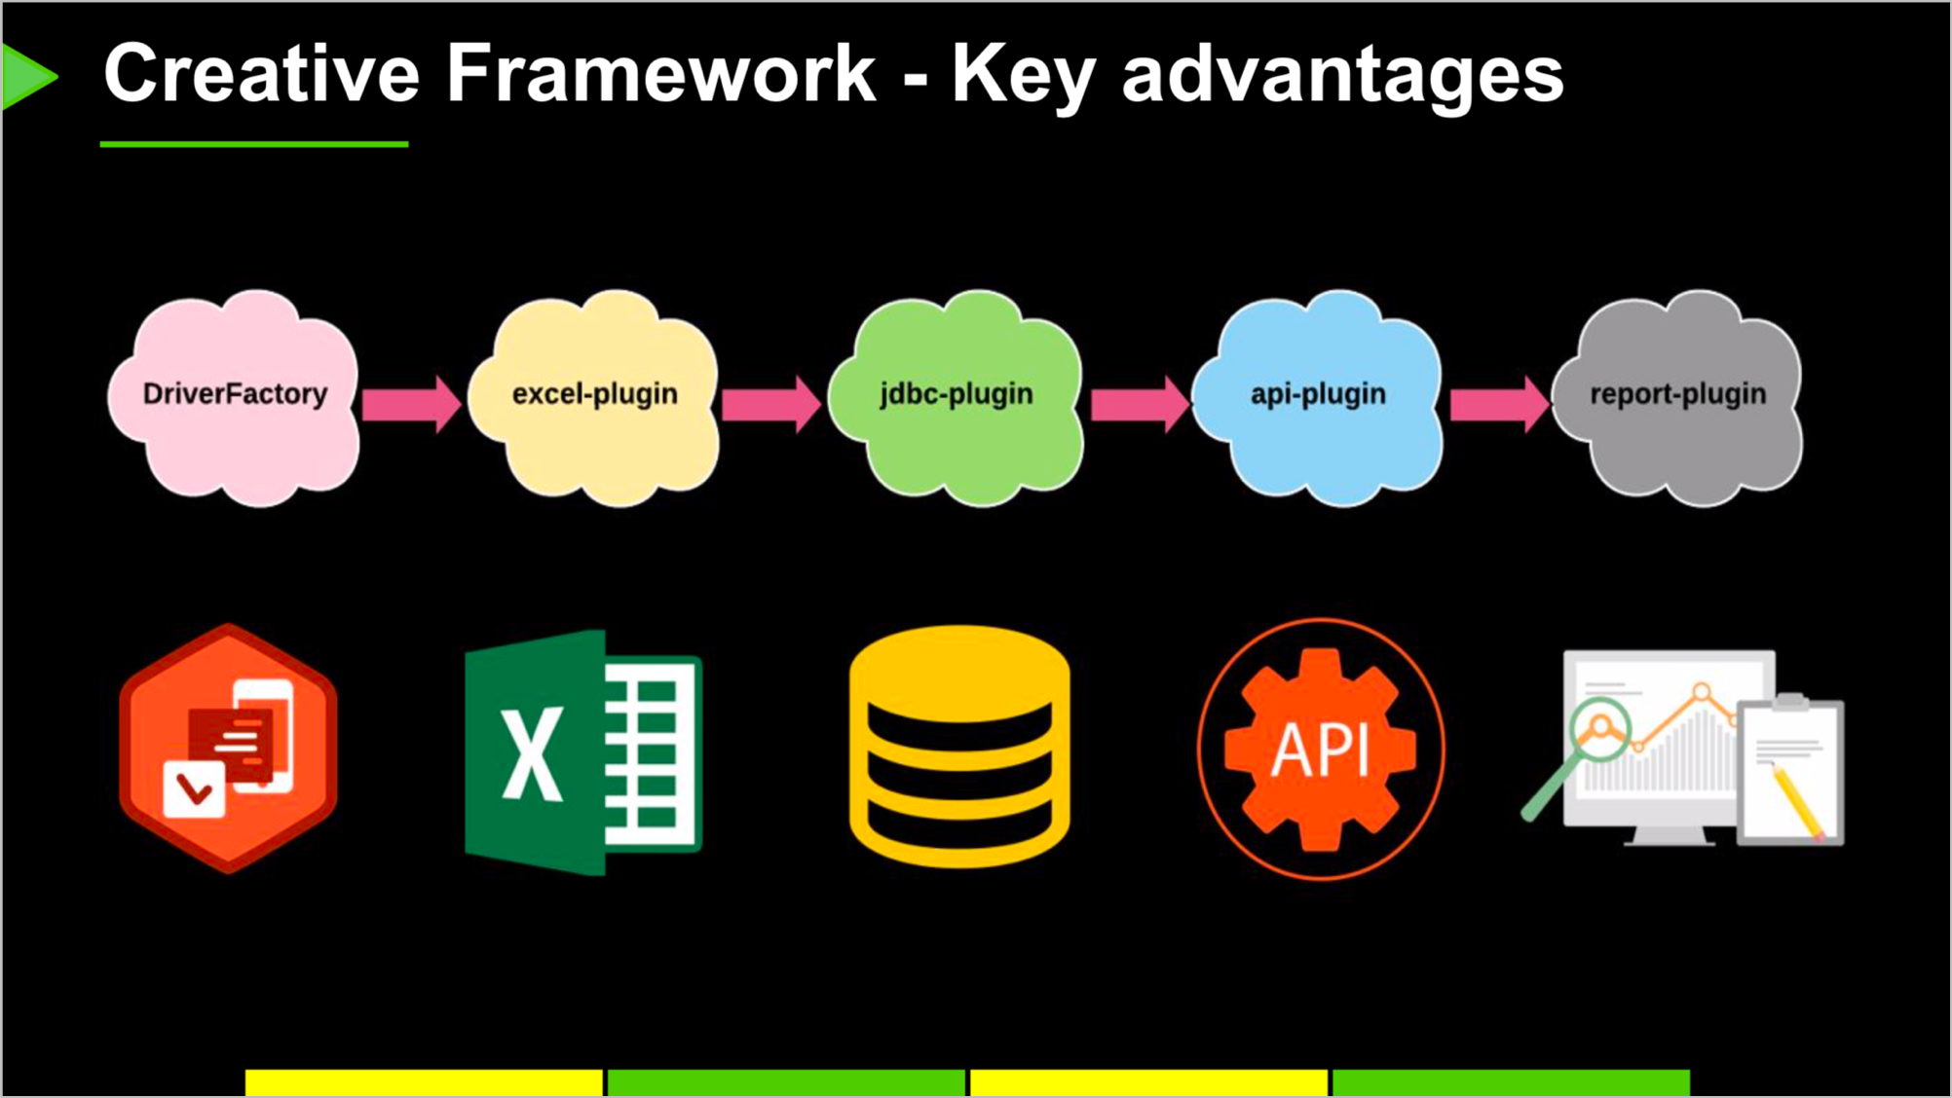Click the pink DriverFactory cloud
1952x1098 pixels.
(x=234, y=397)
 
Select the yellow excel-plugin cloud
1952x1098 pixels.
(x=593, y=397)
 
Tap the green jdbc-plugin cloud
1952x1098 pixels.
(x=956, y=397)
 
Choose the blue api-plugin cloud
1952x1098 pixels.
(x=1317, y=397)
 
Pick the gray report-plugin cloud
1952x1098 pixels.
(x=1677, y=397)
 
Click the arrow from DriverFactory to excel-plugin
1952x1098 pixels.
(x=411, y=403)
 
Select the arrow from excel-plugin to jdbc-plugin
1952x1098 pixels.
(x=771, y=403)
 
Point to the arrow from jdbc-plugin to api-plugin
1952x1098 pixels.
(x=1140, y=403)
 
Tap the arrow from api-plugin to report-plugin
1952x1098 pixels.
(x=1500, y=403)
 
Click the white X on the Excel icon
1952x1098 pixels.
(x=532, y=752)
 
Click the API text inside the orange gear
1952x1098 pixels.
(x=1321, y=750)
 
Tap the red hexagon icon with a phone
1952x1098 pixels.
(x=228, y=748)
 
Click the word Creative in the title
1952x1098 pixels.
(x=261, y=73)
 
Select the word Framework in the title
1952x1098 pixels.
(x=661, y=73)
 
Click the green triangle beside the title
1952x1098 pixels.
(x=28, y=76)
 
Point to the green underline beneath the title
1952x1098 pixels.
(x=254, y=144)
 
